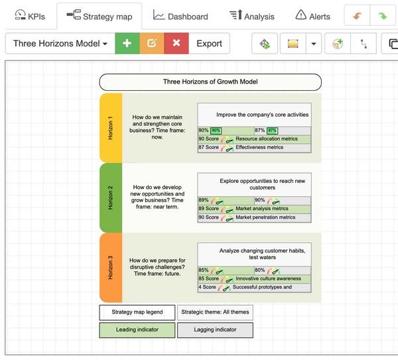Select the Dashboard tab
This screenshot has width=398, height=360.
180,16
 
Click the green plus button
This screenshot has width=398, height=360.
127,44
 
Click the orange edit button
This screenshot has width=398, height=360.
151,44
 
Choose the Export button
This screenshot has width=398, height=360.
209,44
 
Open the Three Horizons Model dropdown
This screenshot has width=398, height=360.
60,44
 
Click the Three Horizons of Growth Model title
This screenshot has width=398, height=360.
210,82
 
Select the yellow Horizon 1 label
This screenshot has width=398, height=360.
111,127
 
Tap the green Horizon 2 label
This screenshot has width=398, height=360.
111,197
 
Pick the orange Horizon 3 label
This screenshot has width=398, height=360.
111,267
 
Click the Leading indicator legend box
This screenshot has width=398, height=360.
137,330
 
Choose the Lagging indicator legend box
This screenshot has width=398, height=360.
215,330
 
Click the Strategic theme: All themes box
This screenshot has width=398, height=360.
215,312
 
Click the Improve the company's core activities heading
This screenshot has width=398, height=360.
262,115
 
